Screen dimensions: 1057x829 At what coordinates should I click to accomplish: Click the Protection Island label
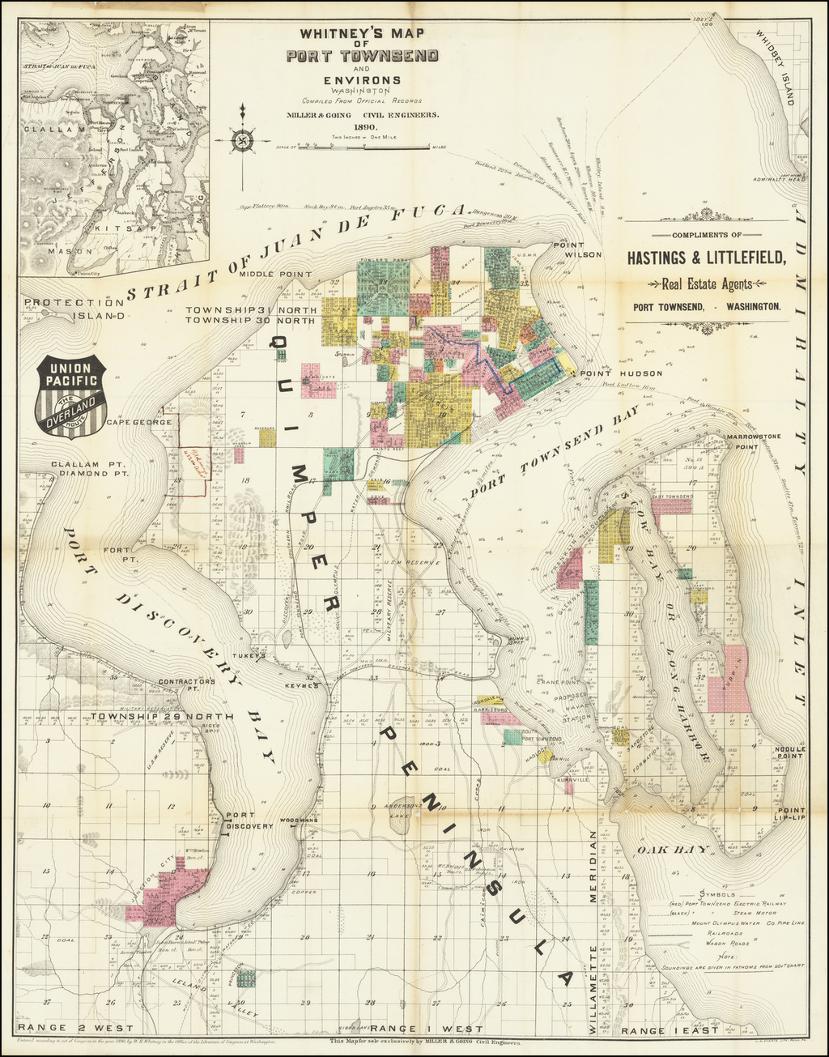tap(74, 309)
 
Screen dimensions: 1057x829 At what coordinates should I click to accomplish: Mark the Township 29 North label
tap(162, 717)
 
